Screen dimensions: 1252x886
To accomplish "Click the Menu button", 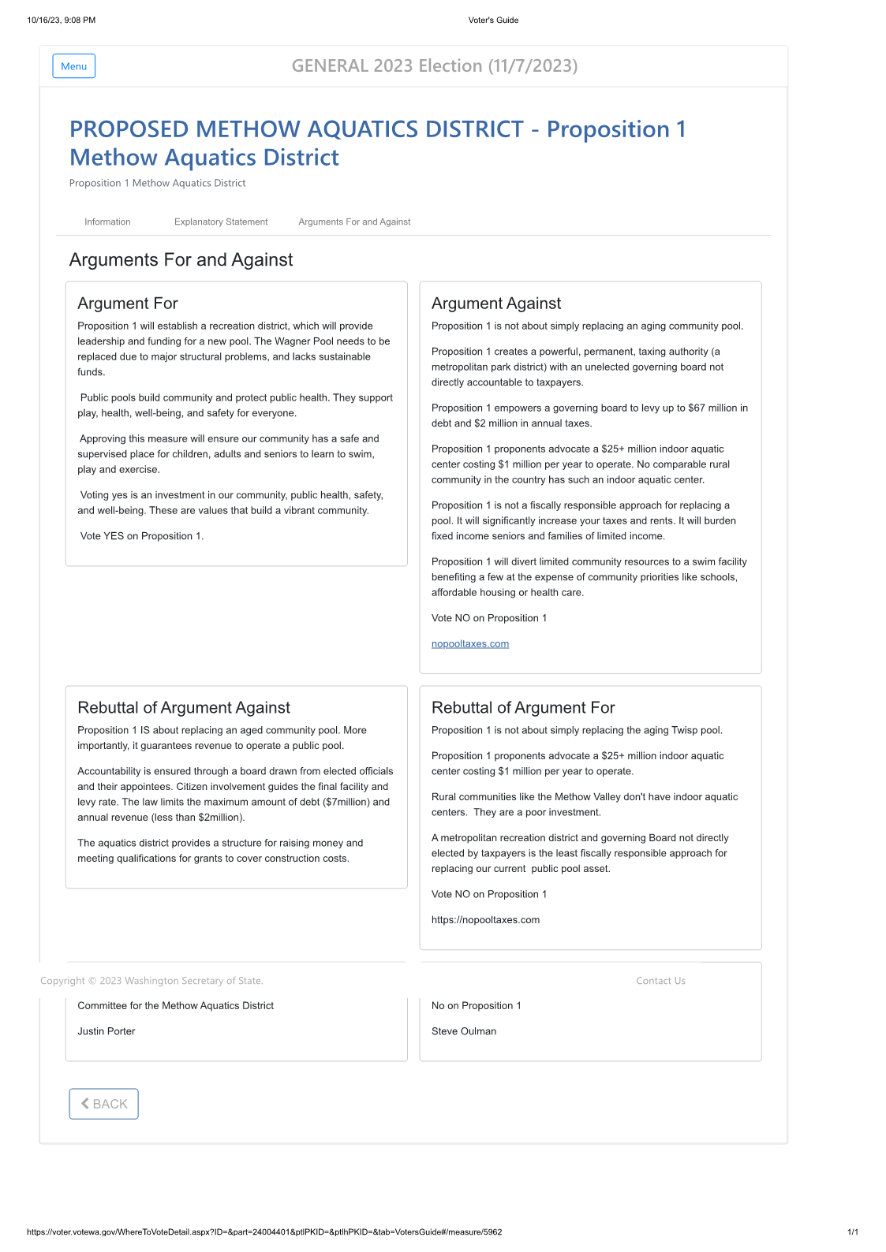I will pyautogui.click(x=73, y=66).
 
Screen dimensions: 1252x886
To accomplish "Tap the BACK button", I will pyautogui.click(x=103, y=1104).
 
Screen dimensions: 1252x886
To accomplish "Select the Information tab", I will pyautogui.click(x=107, y=222).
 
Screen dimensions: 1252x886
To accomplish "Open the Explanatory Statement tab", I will pyautogui.click(x=221, y=222).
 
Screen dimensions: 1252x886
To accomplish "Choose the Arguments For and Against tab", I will pyautogui.click(x=354, y=222).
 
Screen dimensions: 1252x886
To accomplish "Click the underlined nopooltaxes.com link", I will pyautogui.click(x=470, y=644).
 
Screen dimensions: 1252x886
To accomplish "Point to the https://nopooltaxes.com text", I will pyautogui.click(x=485, y=920).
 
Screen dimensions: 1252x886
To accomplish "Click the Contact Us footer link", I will pyautogui.click(x=660, y=981).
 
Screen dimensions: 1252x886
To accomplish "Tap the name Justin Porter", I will pyautogui.click(x=107, y=1031).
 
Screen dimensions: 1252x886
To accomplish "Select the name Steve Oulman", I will pyautogui.click(x=464, y=1031).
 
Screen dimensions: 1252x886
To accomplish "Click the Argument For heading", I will pyautogui.click(x=128, y=304).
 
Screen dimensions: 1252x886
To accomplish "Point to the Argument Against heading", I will pyautogui.click(x=496, y=304).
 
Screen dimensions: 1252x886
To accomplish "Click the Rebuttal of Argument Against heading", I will pyautogui.click(x=184, y=708).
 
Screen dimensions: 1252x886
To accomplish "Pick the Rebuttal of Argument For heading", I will pyautogui.click(x=523, y=708).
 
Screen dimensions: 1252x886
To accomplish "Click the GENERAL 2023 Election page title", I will pyautogui.click(x=435, y=66).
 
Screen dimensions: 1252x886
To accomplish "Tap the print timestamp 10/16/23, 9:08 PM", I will pyautogui.click(x=62, y=20).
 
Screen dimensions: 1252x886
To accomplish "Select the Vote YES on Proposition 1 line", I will pyautogui.click(x=142, y=536).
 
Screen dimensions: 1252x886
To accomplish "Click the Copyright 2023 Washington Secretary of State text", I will pyautogui.click(x=151, y=981).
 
